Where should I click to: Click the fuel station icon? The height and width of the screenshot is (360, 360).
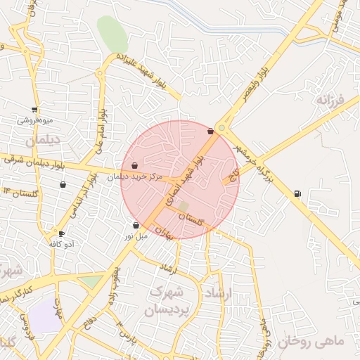[297, 193]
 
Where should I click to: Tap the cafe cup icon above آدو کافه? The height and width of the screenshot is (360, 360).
[62, 234]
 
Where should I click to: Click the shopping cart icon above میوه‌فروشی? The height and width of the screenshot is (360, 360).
[34, 110]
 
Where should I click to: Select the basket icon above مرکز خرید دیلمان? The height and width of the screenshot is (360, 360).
[134, 166]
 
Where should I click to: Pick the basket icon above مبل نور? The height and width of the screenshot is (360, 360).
[136, 226]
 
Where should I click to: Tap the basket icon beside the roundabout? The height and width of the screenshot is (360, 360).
[210, 131]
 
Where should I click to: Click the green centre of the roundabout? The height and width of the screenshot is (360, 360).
[221, 128]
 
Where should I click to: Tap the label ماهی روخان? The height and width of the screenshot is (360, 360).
[311, 342]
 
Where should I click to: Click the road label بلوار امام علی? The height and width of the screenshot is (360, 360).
[100, 131]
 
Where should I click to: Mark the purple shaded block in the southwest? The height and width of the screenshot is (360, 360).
[46, 316]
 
